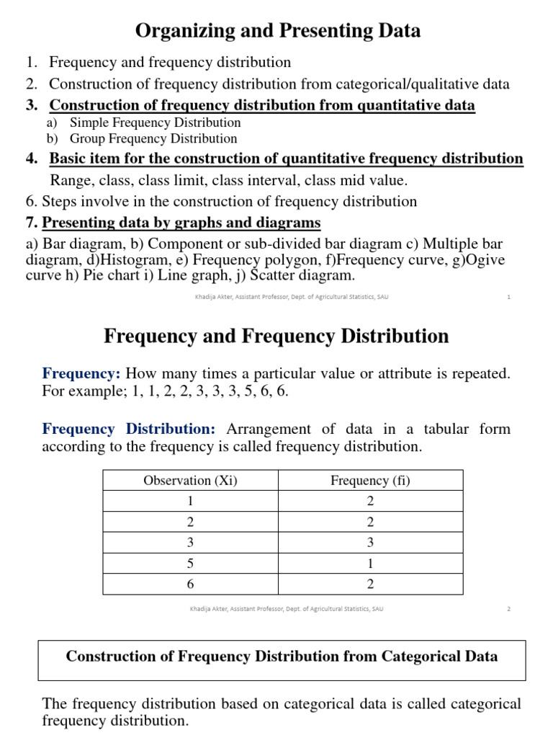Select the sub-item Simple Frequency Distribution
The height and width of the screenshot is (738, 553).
(155, 123)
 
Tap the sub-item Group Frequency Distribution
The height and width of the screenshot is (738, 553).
(153, 138)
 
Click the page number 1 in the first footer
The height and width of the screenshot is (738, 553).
(508, 297)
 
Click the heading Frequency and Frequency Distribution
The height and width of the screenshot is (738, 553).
(276, 336)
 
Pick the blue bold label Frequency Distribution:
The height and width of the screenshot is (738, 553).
(129, 429)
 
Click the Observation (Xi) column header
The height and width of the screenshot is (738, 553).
(190, 481)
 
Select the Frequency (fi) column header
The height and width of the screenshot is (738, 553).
(370, 481)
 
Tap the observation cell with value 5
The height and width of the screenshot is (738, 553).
(190, 564)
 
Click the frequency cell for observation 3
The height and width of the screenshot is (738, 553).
(370, 543)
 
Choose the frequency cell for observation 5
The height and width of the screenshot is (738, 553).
(370, 564)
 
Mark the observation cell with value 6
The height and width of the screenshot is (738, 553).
(190, 584)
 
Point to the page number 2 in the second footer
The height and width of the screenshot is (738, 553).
(508, 608)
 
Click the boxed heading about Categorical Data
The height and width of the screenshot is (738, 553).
(282, 657)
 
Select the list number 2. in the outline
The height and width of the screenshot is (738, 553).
(32, 84)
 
